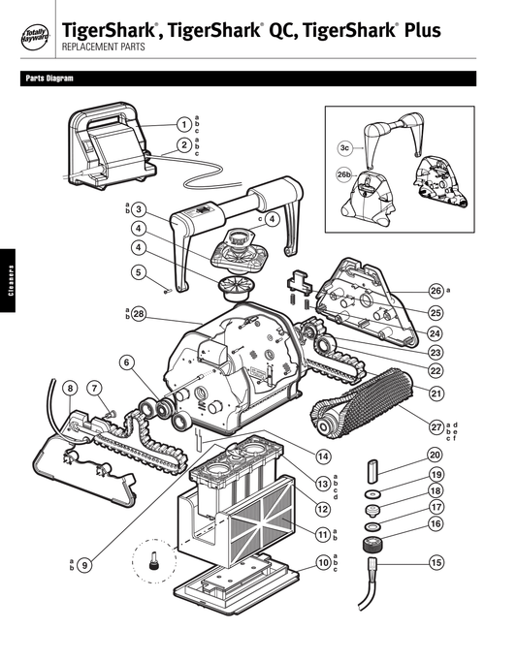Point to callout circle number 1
[182, 124]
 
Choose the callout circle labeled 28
[139, 313]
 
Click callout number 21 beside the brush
[436, 393]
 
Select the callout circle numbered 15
[436, 562]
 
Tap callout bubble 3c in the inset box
[344, 147]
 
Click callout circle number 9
[85, 565]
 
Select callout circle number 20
[436, 455]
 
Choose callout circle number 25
[436, 312]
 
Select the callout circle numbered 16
[436, 523]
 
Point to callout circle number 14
[322, 456]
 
